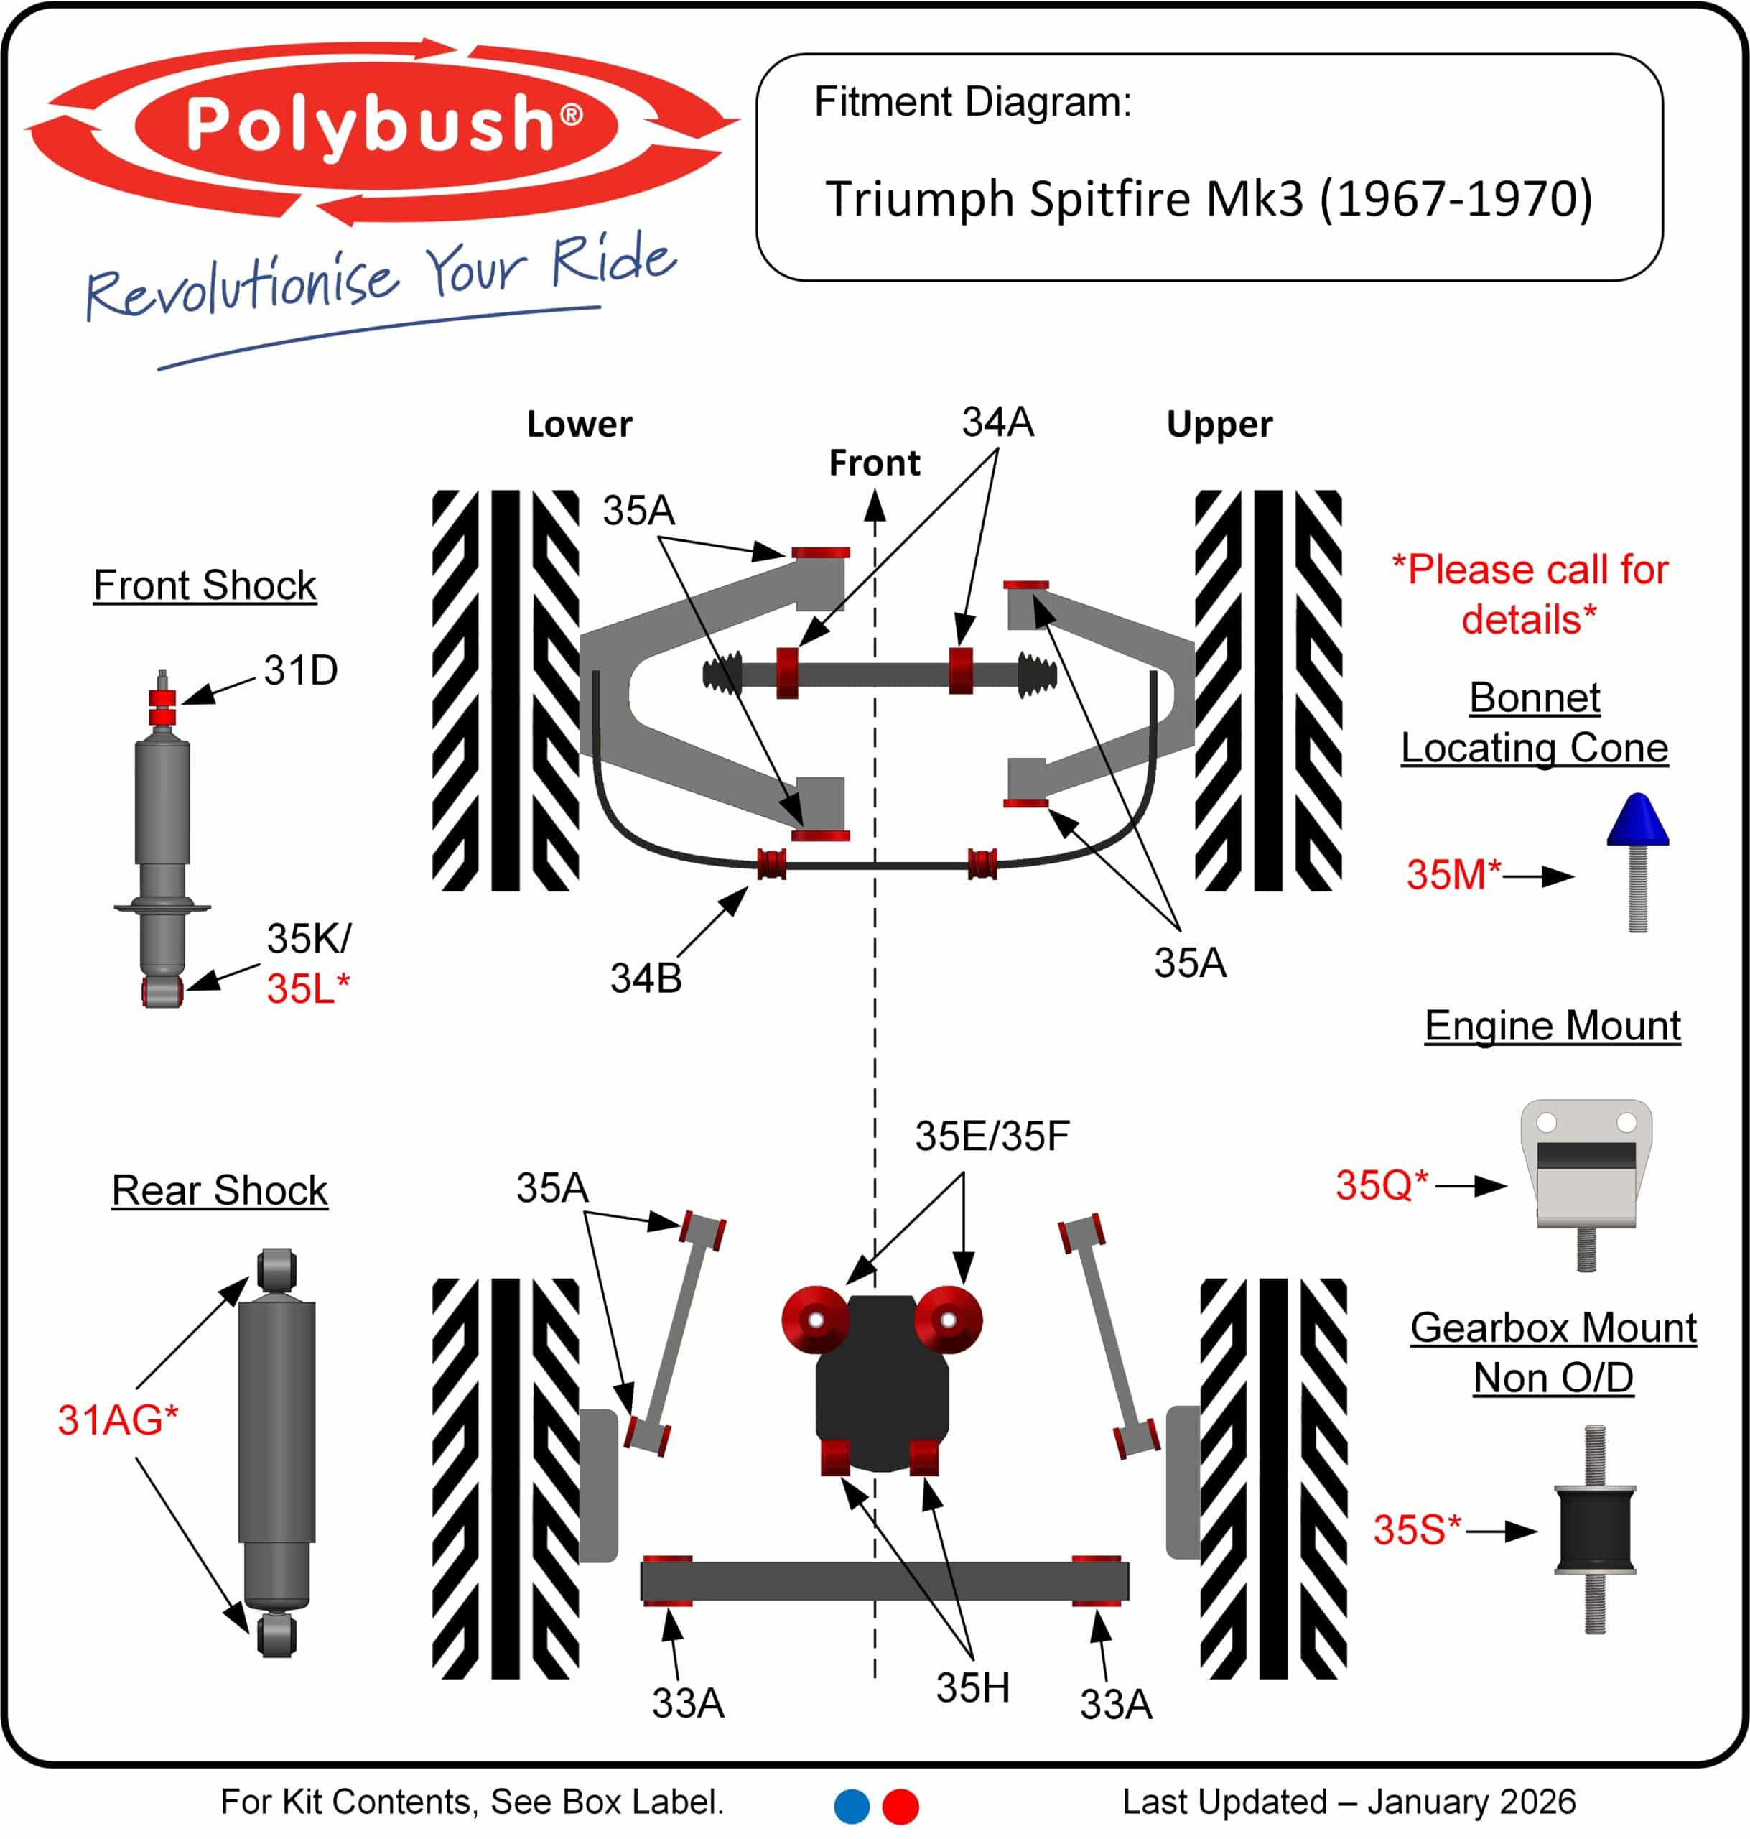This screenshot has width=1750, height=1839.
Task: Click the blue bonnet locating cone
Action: point(1637,820)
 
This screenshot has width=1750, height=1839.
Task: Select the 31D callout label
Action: point(300,670)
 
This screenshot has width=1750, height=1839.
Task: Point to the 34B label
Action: point(646,978)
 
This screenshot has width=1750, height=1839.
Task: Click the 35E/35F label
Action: point(992,1136)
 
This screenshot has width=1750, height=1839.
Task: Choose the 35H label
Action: point(973,1687)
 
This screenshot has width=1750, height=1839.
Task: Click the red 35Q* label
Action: point(1382,1185)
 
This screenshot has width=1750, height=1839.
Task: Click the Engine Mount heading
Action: point(1553,1025)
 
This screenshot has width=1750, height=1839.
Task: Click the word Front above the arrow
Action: point(874,463)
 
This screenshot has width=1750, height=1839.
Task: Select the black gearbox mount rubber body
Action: point(1595,1530)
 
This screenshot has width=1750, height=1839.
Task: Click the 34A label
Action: point(998,422)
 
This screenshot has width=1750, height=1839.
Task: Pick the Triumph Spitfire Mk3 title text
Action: point(1209,199)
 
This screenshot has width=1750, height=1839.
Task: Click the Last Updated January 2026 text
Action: point(1349,1802)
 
